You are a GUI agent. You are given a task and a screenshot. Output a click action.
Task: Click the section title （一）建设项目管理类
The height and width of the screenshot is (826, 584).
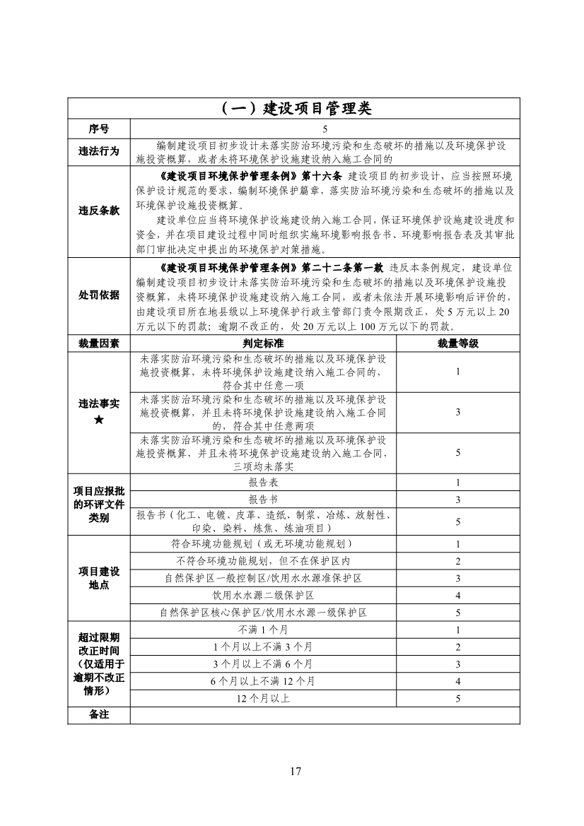click(292, 108)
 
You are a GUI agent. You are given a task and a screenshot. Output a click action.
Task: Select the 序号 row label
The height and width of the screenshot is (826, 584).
click(99, 129)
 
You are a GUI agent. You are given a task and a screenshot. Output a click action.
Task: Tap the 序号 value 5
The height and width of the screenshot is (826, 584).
click(325, 129)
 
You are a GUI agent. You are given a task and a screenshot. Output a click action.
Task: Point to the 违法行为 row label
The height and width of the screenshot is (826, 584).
click(99, 151)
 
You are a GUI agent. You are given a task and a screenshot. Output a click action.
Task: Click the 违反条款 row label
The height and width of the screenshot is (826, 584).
click(99, 211)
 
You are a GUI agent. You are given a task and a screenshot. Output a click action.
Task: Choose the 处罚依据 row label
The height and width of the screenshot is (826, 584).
click(99, 295)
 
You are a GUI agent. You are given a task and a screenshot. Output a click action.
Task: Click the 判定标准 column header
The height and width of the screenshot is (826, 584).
click(263, 343)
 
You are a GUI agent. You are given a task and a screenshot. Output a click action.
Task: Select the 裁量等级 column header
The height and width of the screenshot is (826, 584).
click(457, 343)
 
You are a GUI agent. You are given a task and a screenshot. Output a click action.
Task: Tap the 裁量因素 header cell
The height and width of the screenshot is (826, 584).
click(99, 343)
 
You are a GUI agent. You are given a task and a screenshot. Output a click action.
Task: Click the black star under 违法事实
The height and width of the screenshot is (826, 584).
click(99, 420)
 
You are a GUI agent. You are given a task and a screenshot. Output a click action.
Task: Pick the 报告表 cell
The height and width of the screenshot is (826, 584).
click(263, 483)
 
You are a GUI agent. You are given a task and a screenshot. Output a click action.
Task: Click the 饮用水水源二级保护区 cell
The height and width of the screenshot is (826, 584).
click(263, 595)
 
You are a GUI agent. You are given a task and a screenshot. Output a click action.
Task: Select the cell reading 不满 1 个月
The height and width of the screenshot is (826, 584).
click(263, 630)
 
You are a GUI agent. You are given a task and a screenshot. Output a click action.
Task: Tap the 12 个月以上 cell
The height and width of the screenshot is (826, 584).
click(263, 698)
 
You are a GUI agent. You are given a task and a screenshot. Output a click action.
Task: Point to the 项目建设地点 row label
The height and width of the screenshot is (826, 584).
click(99, 578)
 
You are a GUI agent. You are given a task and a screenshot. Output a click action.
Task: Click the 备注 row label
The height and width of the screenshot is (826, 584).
click(99, 715)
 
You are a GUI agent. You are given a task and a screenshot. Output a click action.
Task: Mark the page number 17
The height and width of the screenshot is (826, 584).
click(295, 771)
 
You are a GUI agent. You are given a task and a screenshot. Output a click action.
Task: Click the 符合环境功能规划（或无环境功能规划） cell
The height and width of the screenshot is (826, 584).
click(263, 543)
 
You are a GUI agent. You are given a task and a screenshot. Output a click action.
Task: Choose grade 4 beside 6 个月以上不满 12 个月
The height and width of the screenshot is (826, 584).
click(457, 681)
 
